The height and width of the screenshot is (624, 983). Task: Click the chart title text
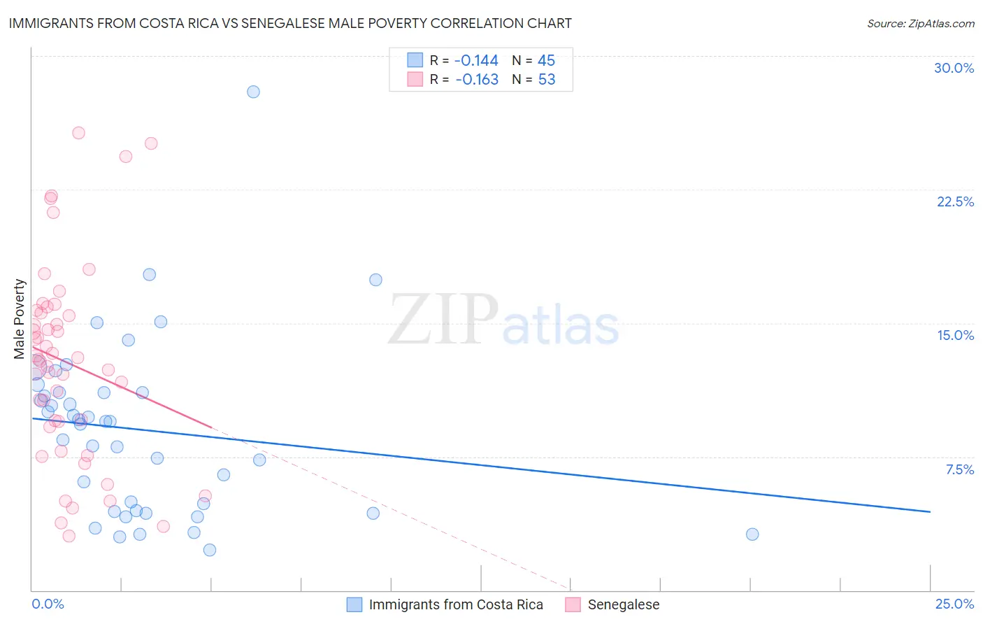click(x=290, y=24)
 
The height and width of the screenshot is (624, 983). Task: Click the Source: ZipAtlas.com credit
click(x=920, y=24)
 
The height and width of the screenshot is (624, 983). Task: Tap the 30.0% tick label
click(x=954, y=68)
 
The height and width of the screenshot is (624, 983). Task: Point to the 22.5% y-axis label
click(x=955, y=201)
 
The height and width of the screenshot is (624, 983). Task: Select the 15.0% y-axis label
click(x=955, y=335)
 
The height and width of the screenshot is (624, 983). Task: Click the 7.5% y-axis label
click(x=959, y=469)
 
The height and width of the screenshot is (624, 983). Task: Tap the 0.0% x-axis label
click(x=48, y=604)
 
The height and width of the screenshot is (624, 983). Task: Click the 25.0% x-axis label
click(x=954, y=604)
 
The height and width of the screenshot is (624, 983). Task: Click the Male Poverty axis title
click(x=20, y=319)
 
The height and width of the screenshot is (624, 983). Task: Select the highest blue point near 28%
click(x=253, y=92)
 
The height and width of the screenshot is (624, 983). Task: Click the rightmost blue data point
click(x=752, y=534)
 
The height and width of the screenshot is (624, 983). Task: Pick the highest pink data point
click(x=79, y=133)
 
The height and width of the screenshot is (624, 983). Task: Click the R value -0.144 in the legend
click(x=476, y=61)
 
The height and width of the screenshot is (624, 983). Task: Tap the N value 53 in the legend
click(x=547, y=80)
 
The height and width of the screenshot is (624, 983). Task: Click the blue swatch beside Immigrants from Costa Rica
click(x=354, y=604)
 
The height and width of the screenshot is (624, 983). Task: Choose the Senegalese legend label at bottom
click(x=623, y=604)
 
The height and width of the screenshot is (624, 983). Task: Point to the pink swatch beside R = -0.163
click(x=415, y=79)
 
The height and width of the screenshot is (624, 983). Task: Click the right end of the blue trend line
click(x=930, y=512)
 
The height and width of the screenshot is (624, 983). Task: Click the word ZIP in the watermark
click(x=443, y=320)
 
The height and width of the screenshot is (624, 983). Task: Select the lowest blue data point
click(x=210, y=550)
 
